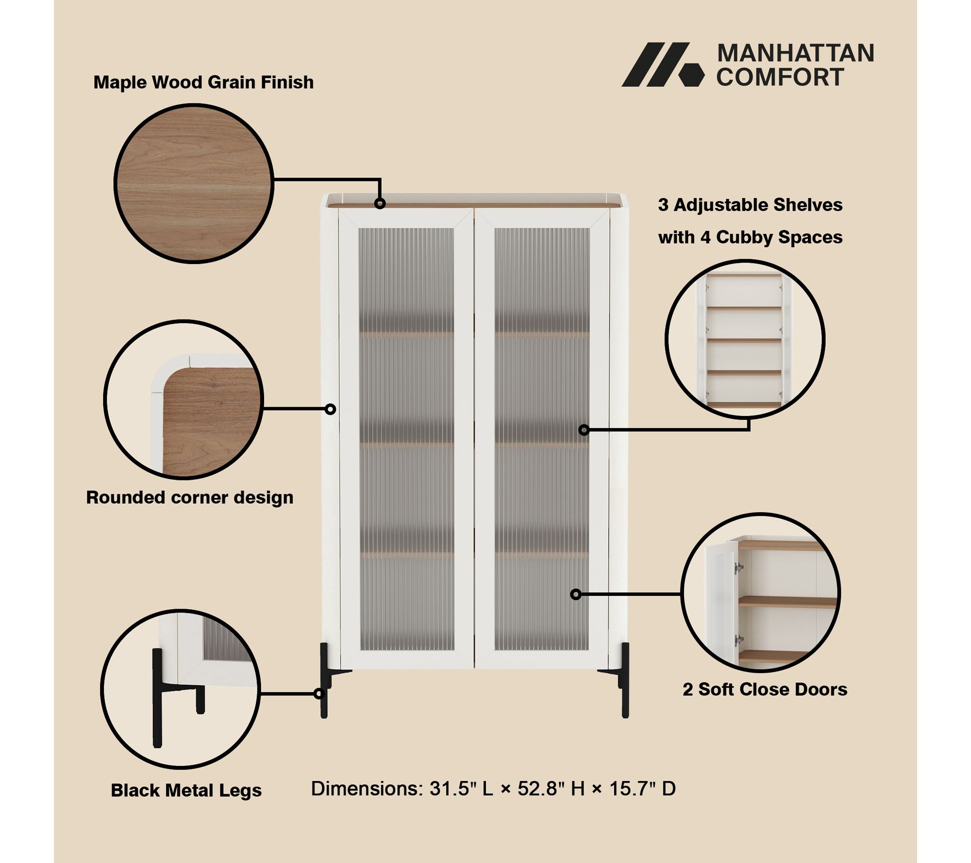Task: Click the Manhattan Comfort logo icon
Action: (663, 65)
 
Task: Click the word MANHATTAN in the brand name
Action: (795, 53)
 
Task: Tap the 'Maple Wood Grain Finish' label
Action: (203, 83)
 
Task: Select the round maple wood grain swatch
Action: (194, 183)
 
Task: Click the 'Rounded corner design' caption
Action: (190, 498)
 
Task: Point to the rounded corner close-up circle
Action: (184, 399)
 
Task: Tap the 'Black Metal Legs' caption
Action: (186, 790)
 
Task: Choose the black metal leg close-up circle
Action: (181, 689)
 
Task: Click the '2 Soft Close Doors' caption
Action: (765, 689)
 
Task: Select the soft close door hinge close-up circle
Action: (760, 593)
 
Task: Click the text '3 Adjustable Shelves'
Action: (750, 205)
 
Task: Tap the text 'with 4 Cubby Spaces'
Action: (750, 237)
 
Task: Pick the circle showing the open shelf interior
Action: (745, 339)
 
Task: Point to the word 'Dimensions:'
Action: (367, 789)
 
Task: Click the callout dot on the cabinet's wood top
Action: (380, 203)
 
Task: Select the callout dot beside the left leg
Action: (319, 694)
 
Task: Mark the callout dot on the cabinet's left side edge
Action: (330, 409)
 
